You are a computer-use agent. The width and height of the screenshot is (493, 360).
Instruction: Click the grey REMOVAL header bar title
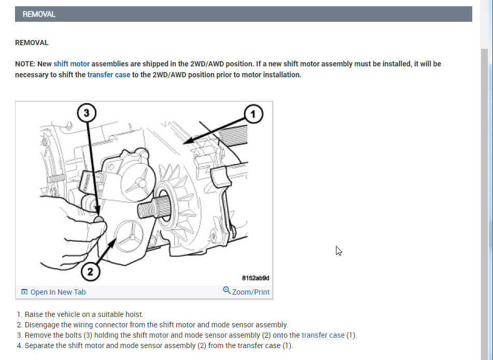(39, 15)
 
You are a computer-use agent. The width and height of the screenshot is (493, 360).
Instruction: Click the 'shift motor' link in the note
(72, 64)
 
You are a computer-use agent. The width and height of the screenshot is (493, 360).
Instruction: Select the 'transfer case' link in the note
(109, 75)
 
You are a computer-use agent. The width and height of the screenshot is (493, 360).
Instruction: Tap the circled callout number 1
(253, 113)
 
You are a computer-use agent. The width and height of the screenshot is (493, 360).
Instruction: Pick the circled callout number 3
(87, 112)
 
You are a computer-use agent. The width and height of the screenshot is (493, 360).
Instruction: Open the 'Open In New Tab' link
(58, 292)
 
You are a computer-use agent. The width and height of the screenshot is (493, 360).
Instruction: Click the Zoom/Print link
(251, 292)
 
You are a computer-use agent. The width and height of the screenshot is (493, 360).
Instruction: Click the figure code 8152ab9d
(256, 278)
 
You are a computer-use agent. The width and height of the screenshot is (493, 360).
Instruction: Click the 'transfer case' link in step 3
(323, 335)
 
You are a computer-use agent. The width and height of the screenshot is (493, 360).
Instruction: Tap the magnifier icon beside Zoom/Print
(227, 290)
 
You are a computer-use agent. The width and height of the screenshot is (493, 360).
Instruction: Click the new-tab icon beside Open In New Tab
(24, 292)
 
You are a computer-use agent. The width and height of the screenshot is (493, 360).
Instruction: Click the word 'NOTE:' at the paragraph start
(25, 64)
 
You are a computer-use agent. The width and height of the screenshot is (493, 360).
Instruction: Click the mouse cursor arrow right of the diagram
(339, 251)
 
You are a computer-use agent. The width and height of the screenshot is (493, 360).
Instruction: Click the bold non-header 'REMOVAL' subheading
(32, 43)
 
